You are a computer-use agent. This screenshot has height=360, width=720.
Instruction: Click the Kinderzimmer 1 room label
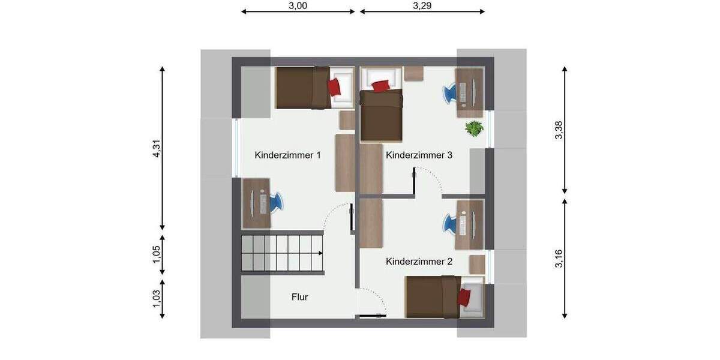287,155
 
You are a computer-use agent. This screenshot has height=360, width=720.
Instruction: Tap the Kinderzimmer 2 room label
419,262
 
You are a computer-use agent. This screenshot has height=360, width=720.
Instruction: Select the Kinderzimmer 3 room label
419,155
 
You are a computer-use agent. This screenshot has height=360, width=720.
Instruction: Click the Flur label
300,297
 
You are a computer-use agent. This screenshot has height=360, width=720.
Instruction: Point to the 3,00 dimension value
298,6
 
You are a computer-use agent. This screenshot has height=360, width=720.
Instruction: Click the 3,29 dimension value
422,6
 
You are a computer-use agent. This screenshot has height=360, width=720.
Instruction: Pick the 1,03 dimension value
157,299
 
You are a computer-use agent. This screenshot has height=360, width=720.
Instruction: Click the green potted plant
474,128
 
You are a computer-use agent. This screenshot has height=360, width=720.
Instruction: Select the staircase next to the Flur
283,253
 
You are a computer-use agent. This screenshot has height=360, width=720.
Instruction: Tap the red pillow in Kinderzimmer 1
335,87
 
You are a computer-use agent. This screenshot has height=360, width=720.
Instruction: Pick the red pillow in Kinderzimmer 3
380,86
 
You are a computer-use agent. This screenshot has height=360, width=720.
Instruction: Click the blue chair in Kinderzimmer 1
276,202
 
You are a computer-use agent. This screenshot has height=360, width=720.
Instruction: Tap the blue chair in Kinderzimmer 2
451,224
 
